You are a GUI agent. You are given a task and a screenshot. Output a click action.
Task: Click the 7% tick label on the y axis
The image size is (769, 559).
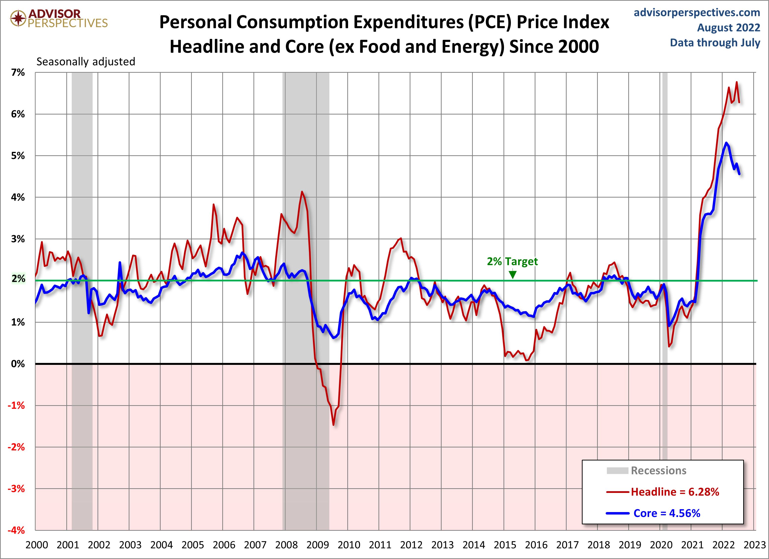[x=18, y=72]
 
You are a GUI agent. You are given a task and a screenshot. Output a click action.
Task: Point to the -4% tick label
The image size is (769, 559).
[x=16, y=530]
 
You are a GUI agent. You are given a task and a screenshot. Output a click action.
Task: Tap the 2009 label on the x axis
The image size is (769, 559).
[x=317, y=545]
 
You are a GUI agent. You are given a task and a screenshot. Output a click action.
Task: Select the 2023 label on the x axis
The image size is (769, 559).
[x=755, y=545]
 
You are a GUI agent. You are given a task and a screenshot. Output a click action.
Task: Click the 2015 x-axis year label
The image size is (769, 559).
[x=504, y=545]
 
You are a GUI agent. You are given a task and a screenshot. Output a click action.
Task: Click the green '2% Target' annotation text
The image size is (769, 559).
[x=512, y=261]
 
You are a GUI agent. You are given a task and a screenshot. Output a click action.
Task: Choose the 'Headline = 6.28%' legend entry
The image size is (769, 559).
[x=675, y=492]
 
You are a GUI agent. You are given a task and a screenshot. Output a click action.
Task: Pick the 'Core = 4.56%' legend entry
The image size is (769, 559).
[x=667, y=513]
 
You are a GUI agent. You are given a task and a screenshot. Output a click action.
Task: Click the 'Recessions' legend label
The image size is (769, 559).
[x=658, y=471]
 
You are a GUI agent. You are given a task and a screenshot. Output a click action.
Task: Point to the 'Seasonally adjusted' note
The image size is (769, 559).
[x=86, y=62]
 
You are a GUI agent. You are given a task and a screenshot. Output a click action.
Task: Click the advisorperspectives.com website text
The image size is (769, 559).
[x=697, y=13]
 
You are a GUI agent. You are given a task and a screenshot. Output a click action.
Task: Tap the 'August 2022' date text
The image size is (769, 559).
[x=728, y=28]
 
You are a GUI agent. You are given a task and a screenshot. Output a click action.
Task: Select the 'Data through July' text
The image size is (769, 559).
[x=715, y=43]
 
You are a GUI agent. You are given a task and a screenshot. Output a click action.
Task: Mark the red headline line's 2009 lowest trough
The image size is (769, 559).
[x=333, y=424]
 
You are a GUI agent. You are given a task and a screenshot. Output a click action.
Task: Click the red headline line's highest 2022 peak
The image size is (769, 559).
[x=736, y=82]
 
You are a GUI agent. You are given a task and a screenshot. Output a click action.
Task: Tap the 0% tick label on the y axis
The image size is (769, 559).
[x=18, y=364]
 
